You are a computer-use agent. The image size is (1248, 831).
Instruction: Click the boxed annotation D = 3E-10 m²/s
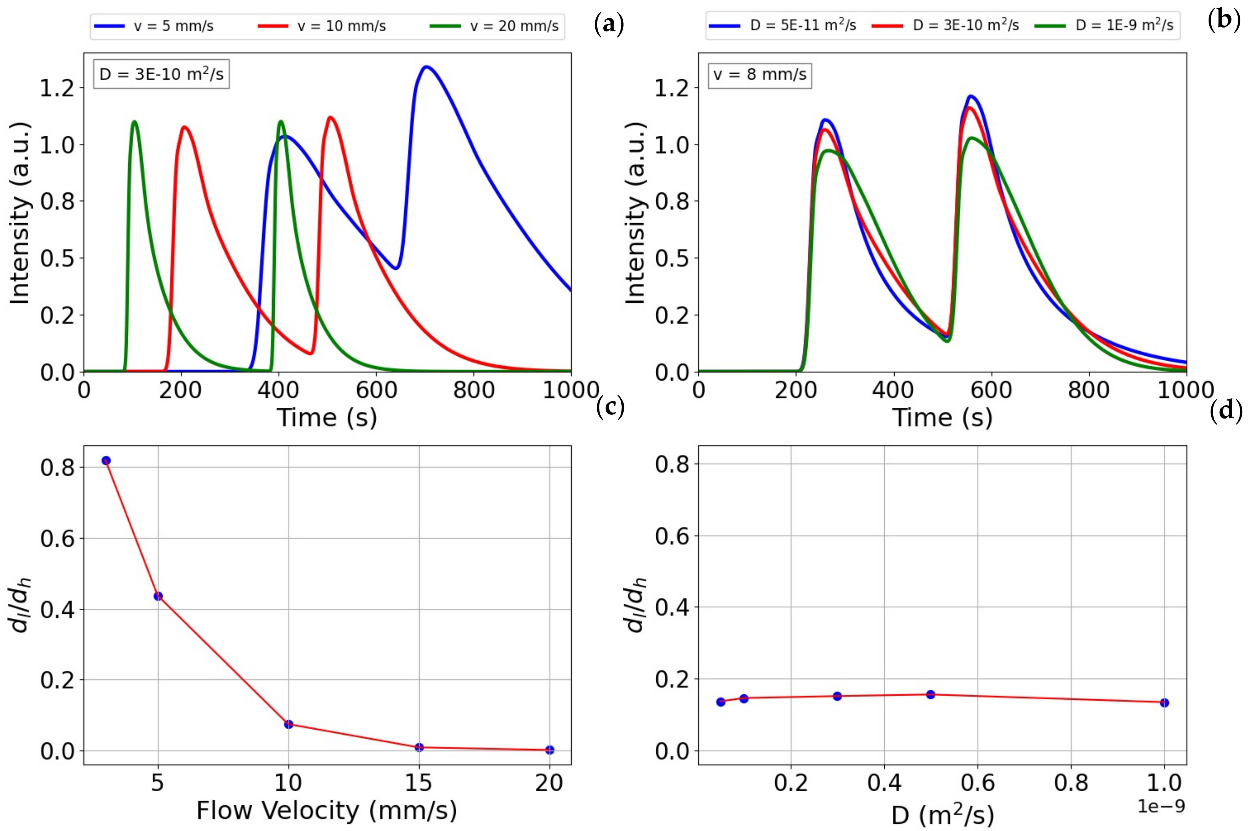coord(162,74)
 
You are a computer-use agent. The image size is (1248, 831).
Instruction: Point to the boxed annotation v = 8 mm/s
coord(760,74)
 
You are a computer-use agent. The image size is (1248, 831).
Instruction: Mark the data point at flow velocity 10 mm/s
coord(288,724)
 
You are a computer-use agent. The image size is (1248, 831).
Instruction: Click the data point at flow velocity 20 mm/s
coord(550,750)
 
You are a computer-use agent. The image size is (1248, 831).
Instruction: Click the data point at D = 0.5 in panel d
coord(930,694)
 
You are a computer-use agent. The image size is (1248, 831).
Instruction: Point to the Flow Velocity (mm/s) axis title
coord(327,810)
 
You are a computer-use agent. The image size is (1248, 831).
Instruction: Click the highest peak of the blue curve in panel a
coord(426,67)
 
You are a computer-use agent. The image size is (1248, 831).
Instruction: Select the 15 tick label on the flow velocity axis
coord(419,782)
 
